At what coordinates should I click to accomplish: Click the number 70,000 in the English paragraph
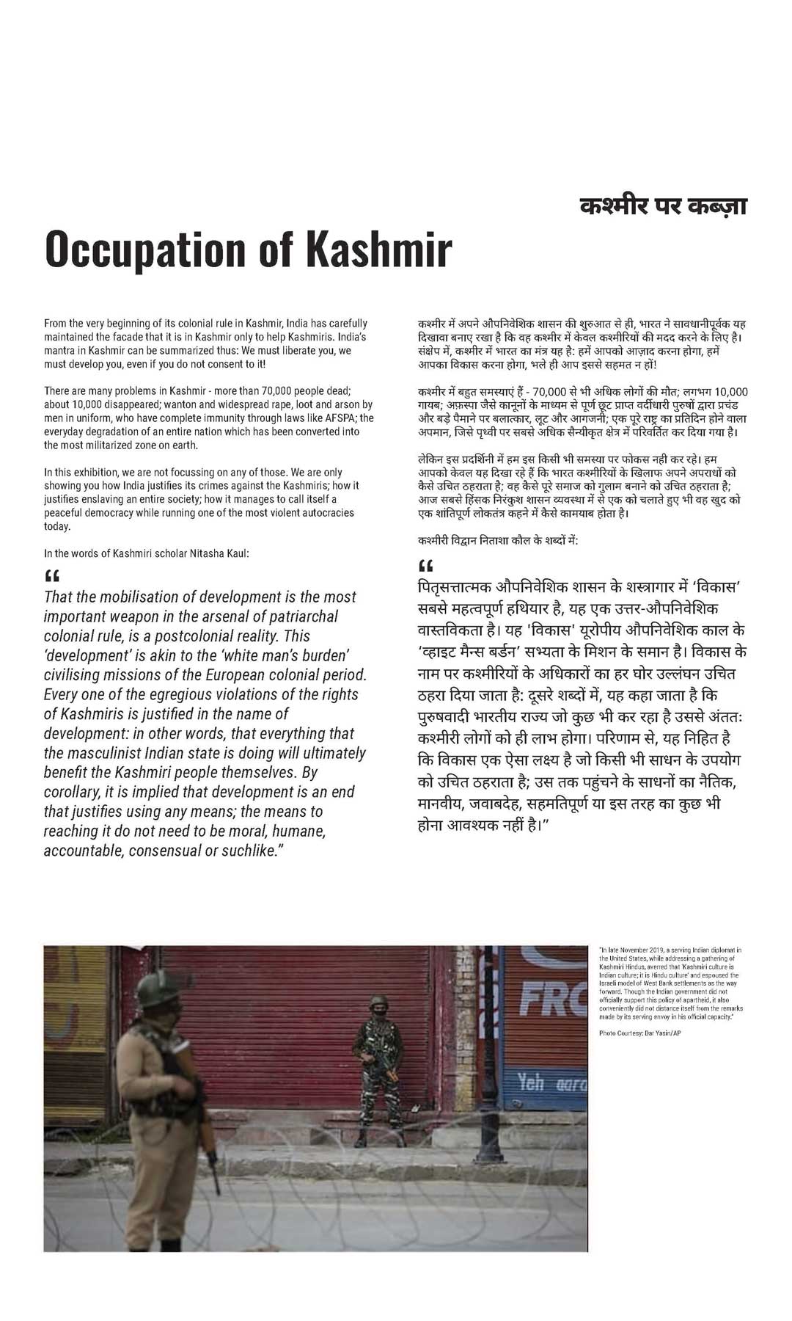tap(271, 391)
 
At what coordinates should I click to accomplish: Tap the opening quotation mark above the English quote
tap(51, 575)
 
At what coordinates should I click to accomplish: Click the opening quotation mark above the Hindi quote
tap(425, 566)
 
